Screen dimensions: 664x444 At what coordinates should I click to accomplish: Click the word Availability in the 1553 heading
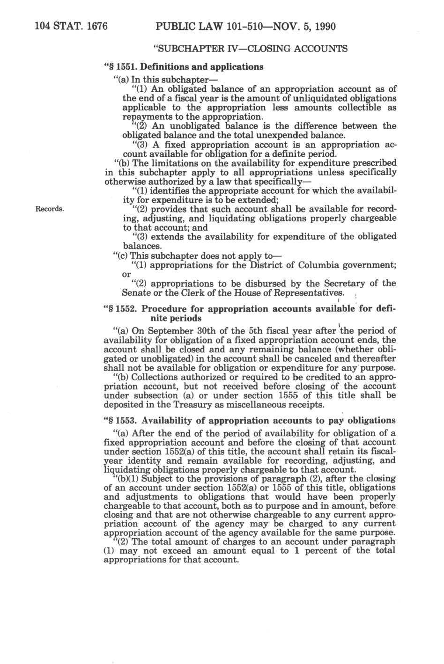pos(180,421)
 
